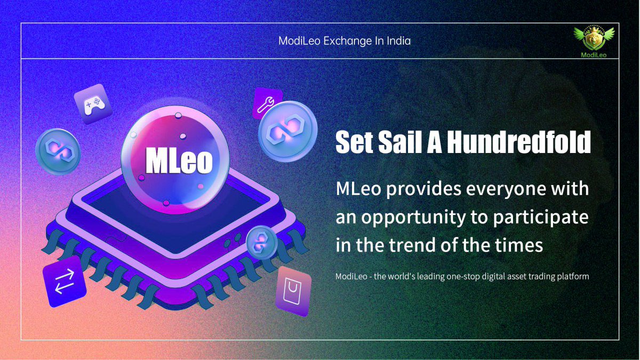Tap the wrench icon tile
click(x=265, y=102)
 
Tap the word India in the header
click(x=397, y=41)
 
